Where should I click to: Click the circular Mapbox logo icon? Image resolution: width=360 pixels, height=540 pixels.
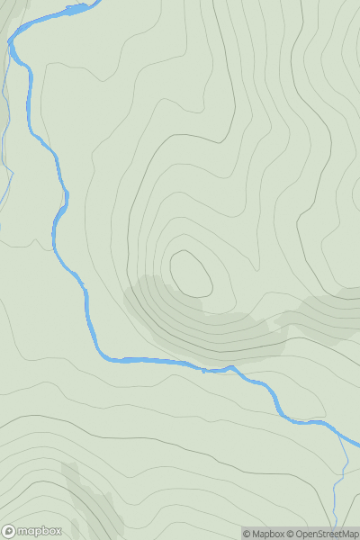click(9, 531)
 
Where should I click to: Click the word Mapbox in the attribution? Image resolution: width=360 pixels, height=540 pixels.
click(268, 534)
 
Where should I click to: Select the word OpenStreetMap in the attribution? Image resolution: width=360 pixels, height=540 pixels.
click(327, 534)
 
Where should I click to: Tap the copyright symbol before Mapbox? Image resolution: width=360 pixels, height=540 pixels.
click(247, 534)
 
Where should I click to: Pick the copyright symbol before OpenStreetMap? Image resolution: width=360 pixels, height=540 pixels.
click(291, 534)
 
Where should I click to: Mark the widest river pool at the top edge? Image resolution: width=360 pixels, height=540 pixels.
click(76, 10)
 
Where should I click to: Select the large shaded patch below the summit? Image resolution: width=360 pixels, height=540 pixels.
click(180, 319)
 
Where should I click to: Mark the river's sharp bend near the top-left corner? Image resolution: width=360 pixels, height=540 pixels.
click(12, 43)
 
